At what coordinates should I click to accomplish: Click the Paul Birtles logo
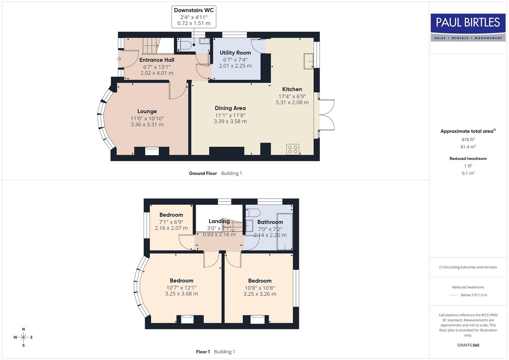point(468,27)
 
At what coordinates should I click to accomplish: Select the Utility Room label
point(235,53)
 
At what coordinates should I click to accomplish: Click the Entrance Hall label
point(157,60)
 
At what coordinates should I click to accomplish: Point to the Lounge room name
point(147,111)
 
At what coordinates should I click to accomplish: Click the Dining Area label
point(230,108)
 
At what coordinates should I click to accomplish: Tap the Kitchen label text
point(292,89)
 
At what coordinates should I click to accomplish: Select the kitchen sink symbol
point(308,61)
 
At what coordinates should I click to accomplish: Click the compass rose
point(23,337)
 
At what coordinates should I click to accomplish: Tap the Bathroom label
point(270,222)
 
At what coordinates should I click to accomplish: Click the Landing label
point(219,221)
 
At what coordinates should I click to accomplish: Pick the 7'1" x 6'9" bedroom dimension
point(171,222)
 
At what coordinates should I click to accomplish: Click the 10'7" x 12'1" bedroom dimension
point(181,288)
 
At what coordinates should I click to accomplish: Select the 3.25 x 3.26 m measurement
point(260,294)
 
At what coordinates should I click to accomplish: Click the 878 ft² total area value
point(468,140)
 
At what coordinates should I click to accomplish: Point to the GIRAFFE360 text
point(468,345)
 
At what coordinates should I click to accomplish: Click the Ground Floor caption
point(203,173)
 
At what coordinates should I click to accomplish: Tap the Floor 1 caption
point(203,352)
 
